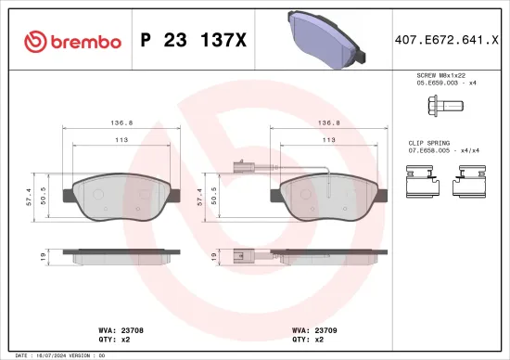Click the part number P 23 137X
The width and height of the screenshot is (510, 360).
point(192,41)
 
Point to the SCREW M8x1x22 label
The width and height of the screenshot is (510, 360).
point(440,75)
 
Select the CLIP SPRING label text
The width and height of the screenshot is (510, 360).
point(429,143)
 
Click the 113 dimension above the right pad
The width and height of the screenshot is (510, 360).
point(328,140)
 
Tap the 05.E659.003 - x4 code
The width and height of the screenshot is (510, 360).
point(440,84)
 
